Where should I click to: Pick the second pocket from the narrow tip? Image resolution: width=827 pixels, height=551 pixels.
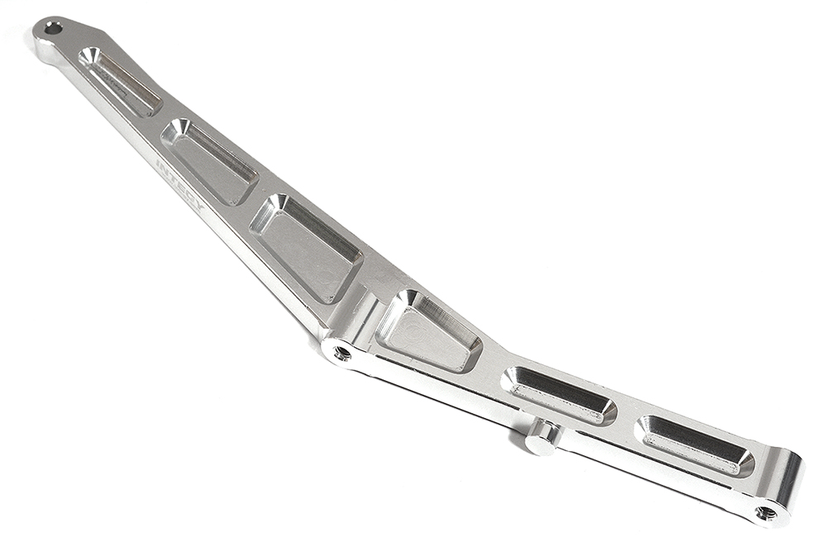pos(210,161)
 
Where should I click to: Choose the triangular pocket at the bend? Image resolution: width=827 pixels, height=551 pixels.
pos(427,330)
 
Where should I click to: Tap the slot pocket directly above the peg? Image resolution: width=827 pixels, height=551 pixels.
pos(558,395)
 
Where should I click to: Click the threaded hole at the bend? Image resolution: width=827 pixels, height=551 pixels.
pos(340,354)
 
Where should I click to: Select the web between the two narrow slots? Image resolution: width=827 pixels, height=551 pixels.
pos(626,413)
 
